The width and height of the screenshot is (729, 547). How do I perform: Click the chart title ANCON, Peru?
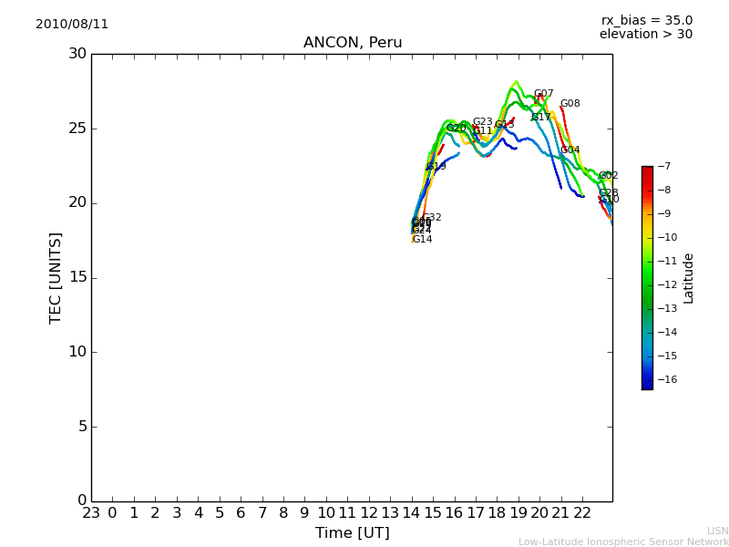pyautogui.click(x=353, y=43)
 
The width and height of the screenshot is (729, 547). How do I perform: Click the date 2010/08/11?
pyautogui.click(x=72, y=25)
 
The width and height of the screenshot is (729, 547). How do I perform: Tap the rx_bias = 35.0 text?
pyautogui.click(x=646, y=21)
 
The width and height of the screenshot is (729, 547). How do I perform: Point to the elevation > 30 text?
pyautogui.click(x=645, y=35)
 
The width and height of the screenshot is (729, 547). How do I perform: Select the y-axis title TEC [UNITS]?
pyautogui.click(x=56, y=277)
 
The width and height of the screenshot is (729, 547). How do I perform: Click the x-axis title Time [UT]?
pyautogui.click(x=352, y=533)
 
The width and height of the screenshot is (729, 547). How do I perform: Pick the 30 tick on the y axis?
pyautogui.click(x=77, y=54)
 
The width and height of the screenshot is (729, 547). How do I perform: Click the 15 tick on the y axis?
pyautogui.click(x=77, y=278)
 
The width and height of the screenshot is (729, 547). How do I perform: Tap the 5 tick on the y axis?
pyautogui.click(x=81, y=427)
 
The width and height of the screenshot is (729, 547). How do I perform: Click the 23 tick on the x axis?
pyautogui.click(x=91, y=512)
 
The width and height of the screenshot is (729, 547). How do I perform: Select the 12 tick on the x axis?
pyautogui.click(x=369, y=512)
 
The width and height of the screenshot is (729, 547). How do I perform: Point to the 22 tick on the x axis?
pyautogui.click(x=583, y=512)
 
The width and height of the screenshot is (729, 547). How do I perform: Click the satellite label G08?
pyautogui.click(x=570, y=104)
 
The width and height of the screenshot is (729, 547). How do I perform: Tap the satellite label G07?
pyautogui.click(x=543, y=94)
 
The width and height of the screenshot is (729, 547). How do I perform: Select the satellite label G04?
pyautogui.click(x=570, y=150)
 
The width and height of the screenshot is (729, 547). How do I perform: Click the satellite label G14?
pyautogui.click(x=422, y=240)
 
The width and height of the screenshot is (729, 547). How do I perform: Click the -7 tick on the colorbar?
pyautogui.click(x=663, y=167)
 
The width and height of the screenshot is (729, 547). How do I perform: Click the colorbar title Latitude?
pyautogui.click(x=689, y=277)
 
